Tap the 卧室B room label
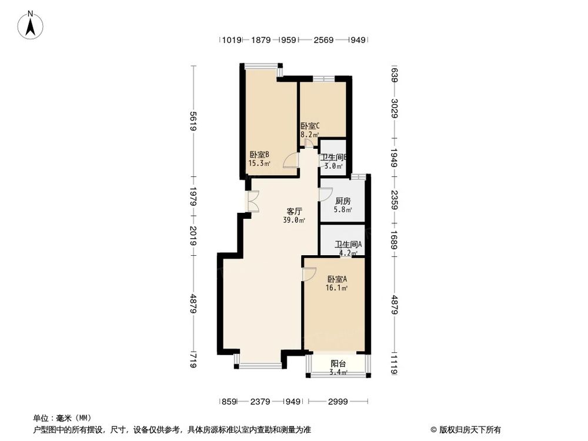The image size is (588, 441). [259, 155]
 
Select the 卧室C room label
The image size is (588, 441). [310, 126]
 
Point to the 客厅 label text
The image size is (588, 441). [294, 211]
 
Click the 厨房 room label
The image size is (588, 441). [342, 200]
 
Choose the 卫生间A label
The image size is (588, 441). [348, 245]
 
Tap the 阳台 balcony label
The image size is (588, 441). [338, 363]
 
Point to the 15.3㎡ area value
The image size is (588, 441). [259, 164]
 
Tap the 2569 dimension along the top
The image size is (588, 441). [323, 40]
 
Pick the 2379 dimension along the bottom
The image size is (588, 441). [260, 402]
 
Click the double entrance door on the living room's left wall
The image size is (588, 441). [252, 202]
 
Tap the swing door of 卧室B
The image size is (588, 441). [291, 160]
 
